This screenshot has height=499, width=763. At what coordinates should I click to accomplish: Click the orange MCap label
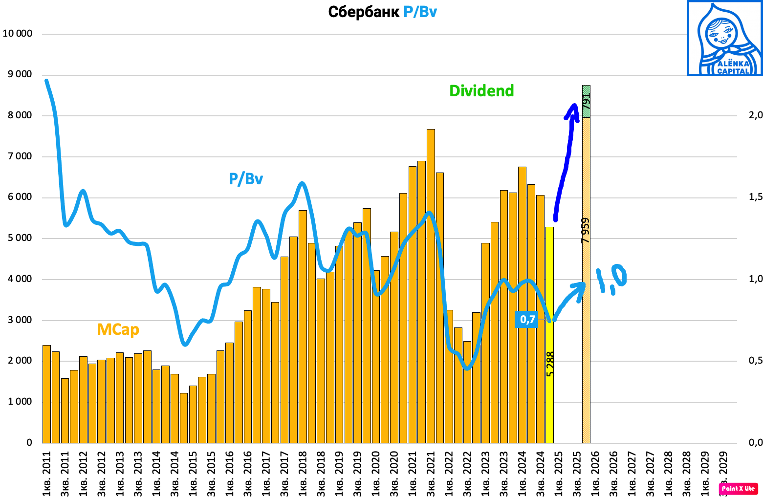tap(118, 329)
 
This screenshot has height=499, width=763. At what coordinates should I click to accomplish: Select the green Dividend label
tap(481, 91)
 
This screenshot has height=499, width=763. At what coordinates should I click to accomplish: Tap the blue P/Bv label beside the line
tap(246, 179)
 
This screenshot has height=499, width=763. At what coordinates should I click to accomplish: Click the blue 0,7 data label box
tap(527, 320)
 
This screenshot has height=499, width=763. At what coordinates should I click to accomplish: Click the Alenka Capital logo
tap(724, 38)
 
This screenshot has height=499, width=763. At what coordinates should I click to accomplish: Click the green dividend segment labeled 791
tap(586, 101)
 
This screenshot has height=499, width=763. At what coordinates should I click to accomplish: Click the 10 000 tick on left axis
tap(18, 34)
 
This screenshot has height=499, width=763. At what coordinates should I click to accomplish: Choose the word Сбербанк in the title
tap(364, 12)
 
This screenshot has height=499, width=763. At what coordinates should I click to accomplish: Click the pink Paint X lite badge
tap(738, 488)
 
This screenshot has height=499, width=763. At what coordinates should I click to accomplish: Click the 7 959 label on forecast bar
tap(586, 230)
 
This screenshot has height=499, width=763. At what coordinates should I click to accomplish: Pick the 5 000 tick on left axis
tap(18, 238)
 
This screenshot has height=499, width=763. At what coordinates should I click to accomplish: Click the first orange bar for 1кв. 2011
tap(46, 393)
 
